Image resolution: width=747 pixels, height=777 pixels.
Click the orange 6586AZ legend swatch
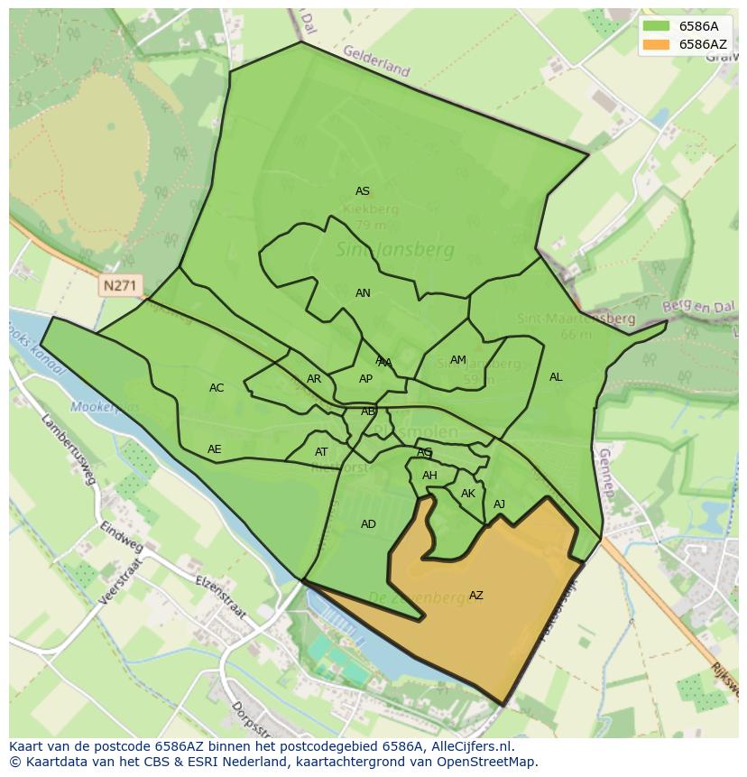pyautogui.click(x=656, y=44)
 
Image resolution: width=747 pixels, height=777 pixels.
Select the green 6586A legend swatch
pyautogui.click(x=656, y=26)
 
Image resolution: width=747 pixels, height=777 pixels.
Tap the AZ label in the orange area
pyautogui.click(x=476, y=596)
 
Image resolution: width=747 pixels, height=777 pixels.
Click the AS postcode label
pyautogui.click(x=363, y=191)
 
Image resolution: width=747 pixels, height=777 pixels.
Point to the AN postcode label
pyautogui.click(x=363, y=293)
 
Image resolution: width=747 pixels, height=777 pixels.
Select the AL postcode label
pyautogui.click(x=556, y=377)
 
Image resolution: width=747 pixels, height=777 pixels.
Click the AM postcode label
pyautogui.click(x=458, y=360)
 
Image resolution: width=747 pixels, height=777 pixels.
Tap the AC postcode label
pyautogui.click(x=217, y=388)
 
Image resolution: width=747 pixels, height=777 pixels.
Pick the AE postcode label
pyautogui.click(x=214, y=449)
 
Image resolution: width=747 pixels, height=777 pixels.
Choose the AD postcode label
pyautogui.click(x=368, y=524)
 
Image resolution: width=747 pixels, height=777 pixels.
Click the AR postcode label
pyautogui.click(x=314, y=379)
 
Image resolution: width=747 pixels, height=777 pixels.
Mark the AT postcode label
pyautogui.click(x=321, y=452)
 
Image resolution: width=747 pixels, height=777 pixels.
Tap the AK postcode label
pyautogui.click(x=468, y=494)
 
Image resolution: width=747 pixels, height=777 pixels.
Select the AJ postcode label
pyautogui.click(x=499, y=504)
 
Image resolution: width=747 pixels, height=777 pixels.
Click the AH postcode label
pyautogui.click(x=429, y=476)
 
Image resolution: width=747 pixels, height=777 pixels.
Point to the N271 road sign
pyautogui.click(x=120, y=286)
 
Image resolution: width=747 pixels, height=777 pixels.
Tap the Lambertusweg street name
pyautogui.click(x=69, y=449)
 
